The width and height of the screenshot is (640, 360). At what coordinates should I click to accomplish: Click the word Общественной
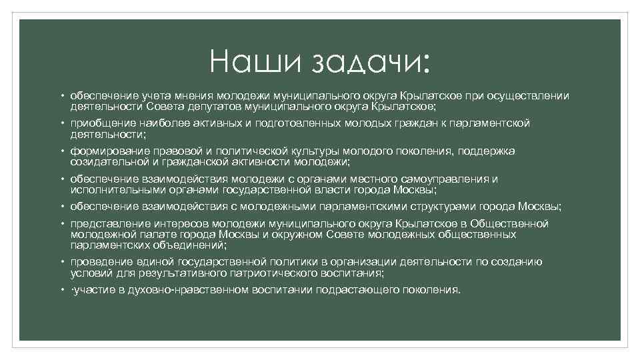509,223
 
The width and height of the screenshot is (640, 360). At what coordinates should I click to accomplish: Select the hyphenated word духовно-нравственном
189,290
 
